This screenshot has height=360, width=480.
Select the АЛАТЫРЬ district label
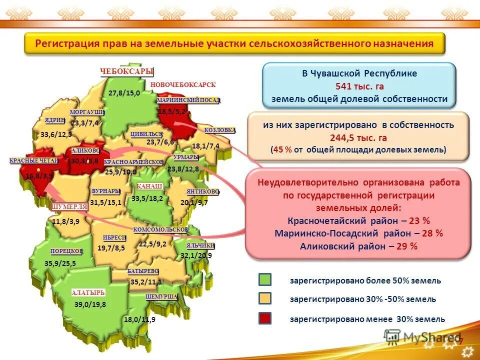point(88,292)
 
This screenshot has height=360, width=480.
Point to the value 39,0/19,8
point(90,304)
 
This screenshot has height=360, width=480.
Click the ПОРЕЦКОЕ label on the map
point(66,251)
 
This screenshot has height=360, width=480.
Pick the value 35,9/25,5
point(60,263)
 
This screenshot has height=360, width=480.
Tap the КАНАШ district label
point(150,187)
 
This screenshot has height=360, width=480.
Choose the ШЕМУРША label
point(162,296)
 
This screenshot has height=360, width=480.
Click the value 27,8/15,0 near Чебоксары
point(124,93)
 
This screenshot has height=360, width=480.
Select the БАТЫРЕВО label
point(143,270)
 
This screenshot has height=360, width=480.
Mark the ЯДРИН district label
point(55,120)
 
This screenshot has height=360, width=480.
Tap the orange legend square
point(265,299)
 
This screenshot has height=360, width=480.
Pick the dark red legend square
point(265,318)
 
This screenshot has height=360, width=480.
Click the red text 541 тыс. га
point(359,86)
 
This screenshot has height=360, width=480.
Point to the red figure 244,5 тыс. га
point(358,138)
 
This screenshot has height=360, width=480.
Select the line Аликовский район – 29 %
point(358,246)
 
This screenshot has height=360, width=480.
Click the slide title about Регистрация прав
point(234,43)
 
